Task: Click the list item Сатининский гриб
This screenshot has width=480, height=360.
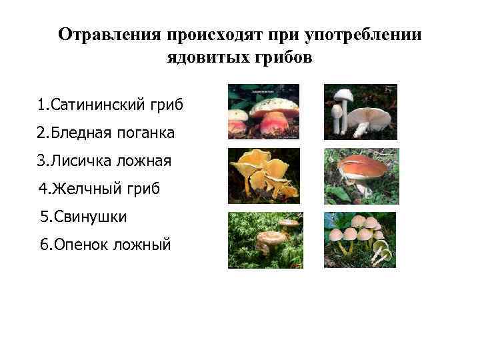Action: (x=110, y=105)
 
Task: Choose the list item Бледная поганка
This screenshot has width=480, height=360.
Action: (x=107, y=133)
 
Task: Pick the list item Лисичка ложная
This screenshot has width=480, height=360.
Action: (x=105, y=161)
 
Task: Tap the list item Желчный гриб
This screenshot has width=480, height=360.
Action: (x=99, y=189)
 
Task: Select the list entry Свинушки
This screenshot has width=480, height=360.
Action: (x=84, y=217)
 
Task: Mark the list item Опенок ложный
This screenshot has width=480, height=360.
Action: (x=105, y=245)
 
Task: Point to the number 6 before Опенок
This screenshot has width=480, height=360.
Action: (x=44, y=245)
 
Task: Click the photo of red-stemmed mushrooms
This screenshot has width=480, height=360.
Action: (x=264, y=111)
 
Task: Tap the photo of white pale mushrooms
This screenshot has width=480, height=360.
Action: (x=360, y=111)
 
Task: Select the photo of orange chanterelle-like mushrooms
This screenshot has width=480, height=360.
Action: (x=264, y=175)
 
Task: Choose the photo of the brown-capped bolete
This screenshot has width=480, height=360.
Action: (x=361, y=175)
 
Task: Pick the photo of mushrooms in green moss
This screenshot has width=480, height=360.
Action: (x=265, y=240)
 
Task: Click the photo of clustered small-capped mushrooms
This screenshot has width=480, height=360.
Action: (x=360, y=240)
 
